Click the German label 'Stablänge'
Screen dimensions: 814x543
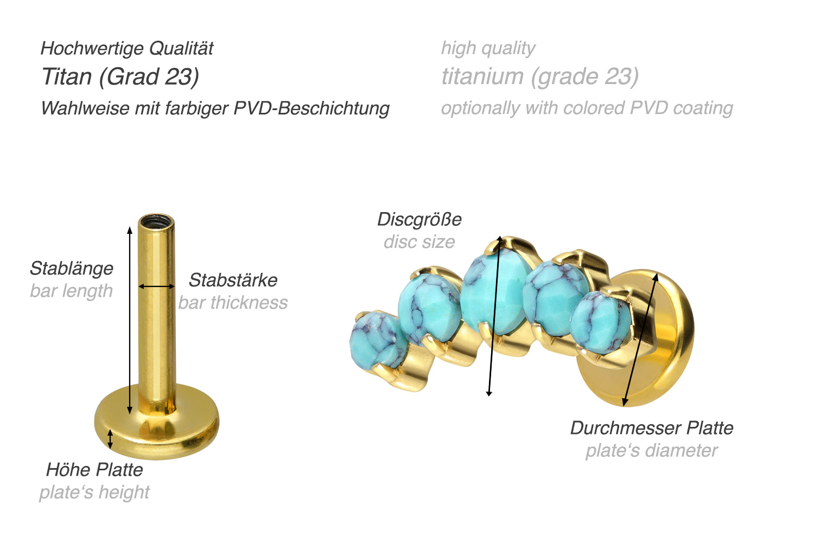coord(72,269)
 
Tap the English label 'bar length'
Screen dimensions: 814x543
coord(71,291)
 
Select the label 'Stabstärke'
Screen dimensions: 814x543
coord(233,280)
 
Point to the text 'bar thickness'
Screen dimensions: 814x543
coord(233,303)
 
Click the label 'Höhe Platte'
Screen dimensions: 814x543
coord(94,470)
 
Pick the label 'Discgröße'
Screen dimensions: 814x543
coord(419,219)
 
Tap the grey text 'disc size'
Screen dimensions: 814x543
coord(419,242)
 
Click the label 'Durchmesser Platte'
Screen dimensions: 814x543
coord(652,428)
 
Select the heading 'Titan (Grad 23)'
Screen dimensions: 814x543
coord(120,76)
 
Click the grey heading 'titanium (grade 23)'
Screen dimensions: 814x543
coord(539,76)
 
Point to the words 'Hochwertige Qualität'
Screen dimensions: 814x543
coord(127,48)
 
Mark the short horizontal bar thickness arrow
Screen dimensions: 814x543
coord(156,286)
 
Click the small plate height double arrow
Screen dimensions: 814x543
coord(110,439)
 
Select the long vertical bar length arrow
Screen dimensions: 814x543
coord(130,320)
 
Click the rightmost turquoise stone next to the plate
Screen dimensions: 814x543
coord(600,322)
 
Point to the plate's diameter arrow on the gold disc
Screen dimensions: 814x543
coord(640,340)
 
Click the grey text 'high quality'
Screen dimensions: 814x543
coord(488,48)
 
